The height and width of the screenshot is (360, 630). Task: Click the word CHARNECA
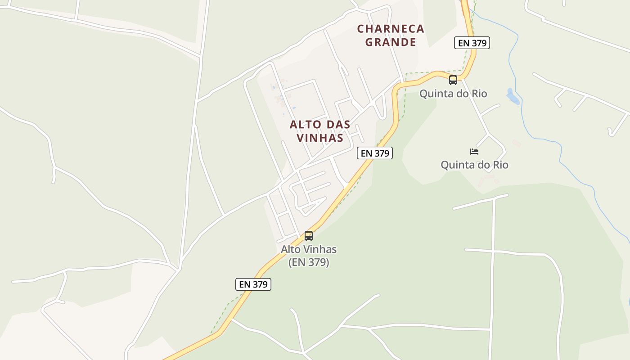(391, 29)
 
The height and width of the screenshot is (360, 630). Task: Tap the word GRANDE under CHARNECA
(391, 42)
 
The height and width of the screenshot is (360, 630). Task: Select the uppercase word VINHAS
(320, 138)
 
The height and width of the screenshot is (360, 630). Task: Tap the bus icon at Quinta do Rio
(453, 80)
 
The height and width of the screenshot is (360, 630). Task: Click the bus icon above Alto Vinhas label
(309, 235)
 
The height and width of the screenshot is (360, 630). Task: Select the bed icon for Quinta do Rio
(474, 152)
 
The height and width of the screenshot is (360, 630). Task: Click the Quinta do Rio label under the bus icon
(453, 94)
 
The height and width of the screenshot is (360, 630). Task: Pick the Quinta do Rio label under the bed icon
(474, 165)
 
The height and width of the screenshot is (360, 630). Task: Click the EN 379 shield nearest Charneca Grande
(472, 43)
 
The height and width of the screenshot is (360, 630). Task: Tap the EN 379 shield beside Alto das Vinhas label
(375, 153)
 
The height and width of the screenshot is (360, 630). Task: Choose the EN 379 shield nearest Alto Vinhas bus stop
(253, 284)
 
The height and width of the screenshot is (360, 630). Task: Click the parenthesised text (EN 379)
(309, 262)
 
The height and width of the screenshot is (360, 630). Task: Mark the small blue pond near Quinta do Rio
(512, 96)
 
